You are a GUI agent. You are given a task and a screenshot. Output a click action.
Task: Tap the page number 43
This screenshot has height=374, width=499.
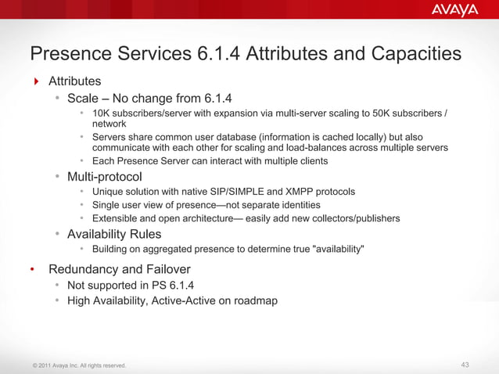466,365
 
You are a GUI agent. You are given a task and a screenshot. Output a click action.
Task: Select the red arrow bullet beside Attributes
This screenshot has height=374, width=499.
35,81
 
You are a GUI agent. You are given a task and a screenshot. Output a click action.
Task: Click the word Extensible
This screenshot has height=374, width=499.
117,218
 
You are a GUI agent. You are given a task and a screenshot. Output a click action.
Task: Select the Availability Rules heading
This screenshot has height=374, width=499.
114,234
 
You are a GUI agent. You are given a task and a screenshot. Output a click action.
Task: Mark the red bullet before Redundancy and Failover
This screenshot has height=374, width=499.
33,270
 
